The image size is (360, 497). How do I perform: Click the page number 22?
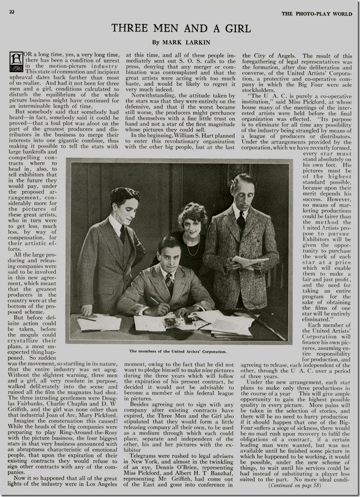[x=12, y=11]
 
